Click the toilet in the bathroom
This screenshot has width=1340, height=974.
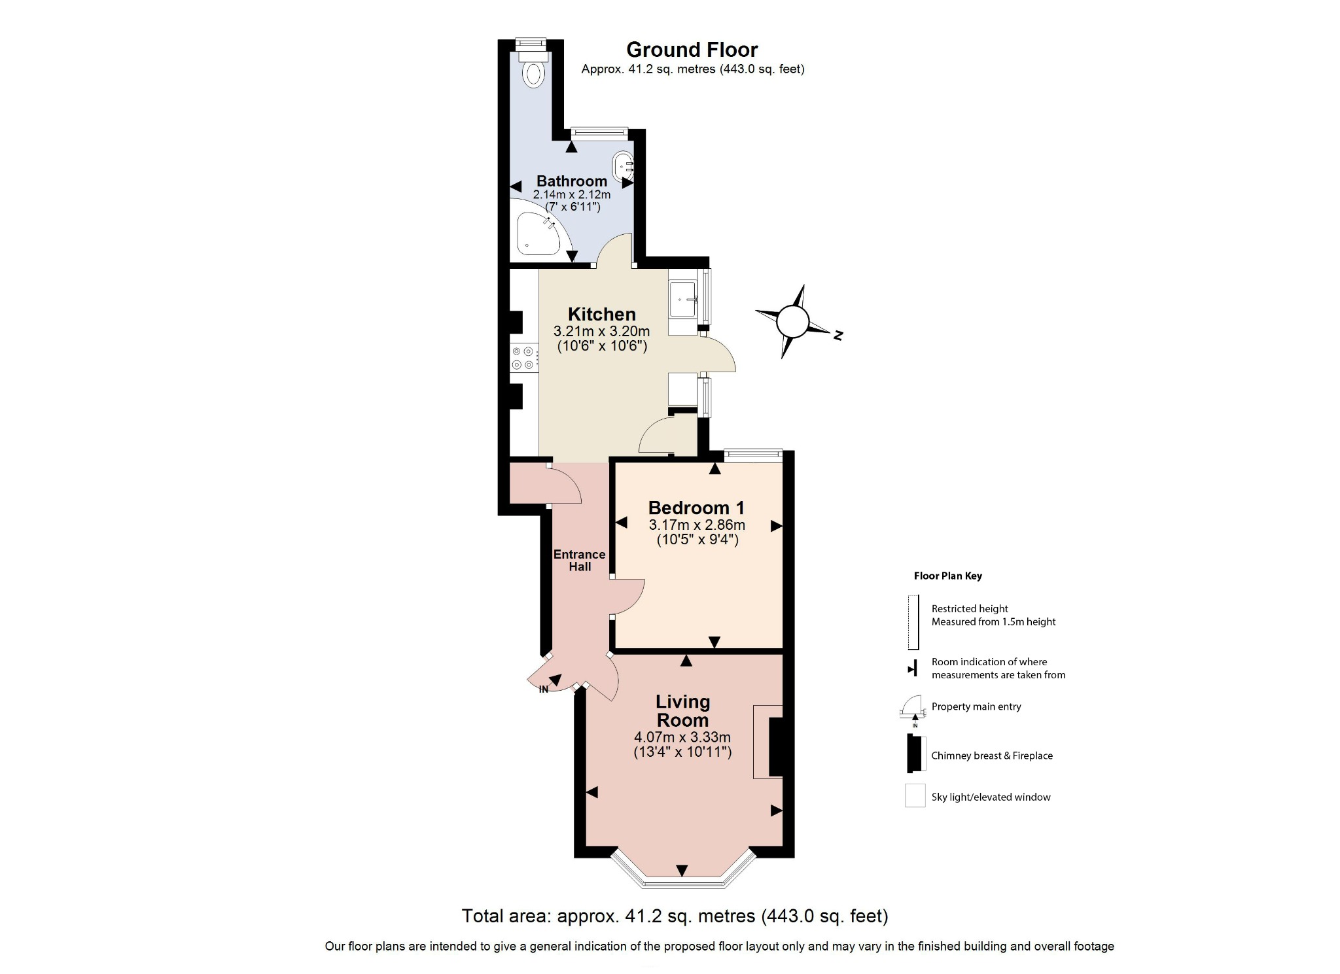[x=533, y=72]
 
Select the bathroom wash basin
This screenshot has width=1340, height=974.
[x=623, y=166]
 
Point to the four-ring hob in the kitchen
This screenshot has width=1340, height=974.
[x=523, y=358]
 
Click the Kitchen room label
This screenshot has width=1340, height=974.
[x=601, y=314]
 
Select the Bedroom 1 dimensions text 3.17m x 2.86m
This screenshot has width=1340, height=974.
[x=697, y=525]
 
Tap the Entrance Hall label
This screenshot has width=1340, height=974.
[x=579, y=561]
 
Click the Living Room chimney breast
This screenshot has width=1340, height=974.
[x=776, y=746]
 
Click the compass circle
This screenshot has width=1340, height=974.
[x=792, y=321]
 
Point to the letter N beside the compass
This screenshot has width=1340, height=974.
[x=837, y=336]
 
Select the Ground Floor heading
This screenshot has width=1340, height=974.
[x=692, y=50]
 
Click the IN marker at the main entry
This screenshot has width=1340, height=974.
[x=544, y=689]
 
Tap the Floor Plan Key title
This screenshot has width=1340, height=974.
[x=947, y=576]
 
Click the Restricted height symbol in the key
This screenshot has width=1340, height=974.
[x=913, y=622]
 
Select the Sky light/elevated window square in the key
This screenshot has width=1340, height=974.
[x=915, y=796]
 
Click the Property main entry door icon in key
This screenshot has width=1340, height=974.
[x=911, y=708]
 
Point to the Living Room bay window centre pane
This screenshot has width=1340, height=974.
[x=682, y=883]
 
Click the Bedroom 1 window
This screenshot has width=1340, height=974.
[x=753, y=453]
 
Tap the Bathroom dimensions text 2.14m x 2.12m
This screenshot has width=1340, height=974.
[x=571, y=194]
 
